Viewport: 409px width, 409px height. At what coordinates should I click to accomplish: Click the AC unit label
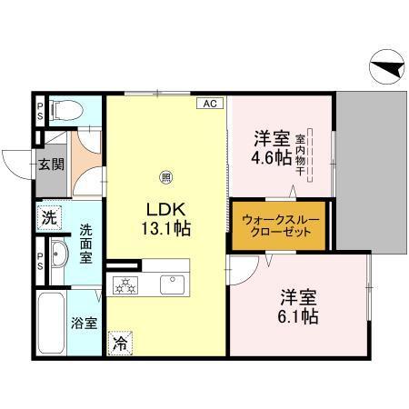(x=209, y=104)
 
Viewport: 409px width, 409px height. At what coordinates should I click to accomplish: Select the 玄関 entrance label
(x=50, y=165)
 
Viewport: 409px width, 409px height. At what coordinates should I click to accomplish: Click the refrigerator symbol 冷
(x=120, y=344)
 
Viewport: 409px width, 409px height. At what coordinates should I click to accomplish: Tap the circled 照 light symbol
(x=165, y=176)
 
